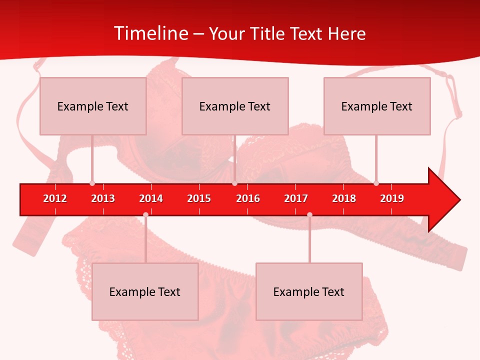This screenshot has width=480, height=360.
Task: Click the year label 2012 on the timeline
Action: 55,198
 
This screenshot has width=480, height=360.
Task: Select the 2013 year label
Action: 103,198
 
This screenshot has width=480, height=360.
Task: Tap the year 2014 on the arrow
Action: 151,198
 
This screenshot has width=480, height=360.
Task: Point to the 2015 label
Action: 199,198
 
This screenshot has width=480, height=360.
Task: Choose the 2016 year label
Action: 248,198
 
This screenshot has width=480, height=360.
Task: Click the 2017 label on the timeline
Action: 296,198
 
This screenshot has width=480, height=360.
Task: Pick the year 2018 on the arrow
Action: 344,198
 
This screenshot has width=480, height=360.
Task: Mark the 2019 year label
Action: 392,198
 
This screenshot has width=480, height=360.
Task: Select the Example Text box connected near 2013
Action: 93,106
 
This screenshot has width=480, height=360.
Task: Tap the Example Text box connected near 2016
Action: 235,106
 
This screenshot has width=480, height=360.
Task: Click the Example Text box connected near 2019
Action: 377,106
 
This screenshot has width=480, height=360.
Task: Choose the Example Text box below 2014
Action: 145,291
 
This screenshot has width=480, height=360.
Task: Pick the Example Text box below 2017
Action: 309,291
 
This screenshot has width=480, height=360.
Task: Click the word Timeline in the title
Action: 150,33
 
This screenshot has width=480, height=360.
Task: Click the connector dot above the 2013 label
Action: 92,183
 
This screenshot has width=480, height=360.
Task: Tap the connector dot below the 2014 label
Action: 145,215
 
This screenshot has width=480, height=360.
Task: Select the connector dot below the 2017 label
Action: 309,215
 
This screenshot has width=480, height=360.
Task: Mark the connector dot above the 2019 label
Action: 376,183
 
